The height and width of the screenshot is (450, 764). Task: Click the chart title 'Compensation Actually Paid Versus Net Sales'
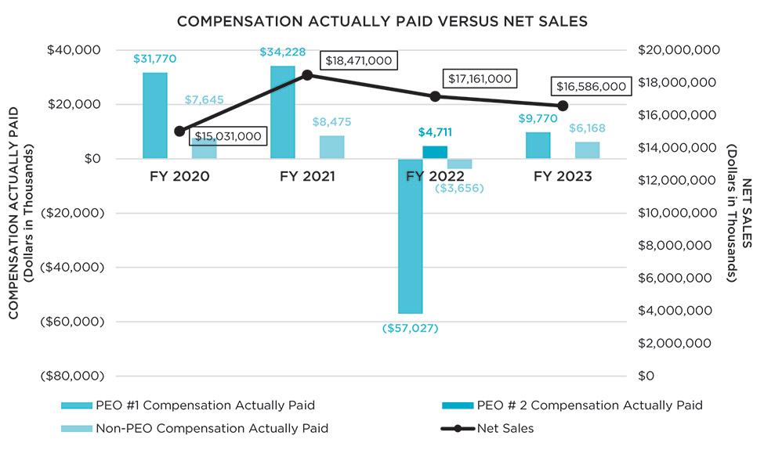point(382,21)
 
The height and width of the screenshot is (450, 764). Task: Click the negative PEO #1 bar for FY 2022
point(410,236)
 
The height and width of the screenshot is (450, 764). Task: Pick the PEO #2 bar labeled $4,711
point(435,152)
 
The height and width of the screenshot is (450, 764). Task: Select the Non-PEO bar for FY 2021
point(331,147)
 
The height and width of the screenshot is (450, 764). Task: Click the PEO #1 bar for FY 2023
point(538,146)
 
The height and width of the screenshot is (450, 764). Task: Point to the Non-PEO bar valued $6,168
point(587,150)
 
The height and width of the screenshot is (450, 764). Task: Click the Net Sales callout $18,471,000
point(359,61)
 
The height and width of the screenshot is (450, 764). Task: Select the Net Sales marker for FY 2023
point(563,106)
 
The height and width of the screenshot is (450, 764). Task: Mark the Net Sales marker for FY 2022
point(435,96)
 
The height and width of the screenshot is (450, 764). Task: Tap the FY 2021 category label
point(307,177)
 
